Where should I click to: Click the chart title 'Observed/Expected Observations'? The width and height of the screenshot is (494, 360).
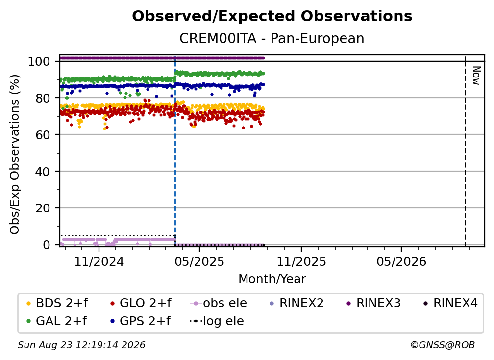click(x=272, y=16)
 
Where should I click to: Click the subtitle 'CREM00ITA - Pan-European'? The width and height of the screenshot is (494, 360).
click(x=272, y=38)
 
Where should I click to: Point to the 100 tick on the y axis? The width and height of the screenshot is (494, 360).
click(x=39, y=61)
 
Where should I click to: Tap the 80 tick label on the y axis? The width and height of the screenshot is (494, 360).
click(x=43, y=98)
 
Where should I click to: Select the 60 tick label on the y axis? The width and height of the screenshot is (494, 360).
click(x=43, y=135)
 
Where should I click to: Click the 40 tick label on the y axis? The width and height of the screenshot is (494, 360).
click(x=43, y=172)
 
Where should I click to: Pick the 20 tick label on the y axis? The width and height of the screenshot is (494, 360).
click(x=43, y=208)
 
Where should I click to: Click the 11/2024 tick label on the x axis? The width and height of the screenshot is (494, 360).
click(x=99, y=261)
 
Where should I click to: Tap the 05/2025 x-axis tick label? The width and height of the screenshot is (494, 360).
click(x=199, y=261)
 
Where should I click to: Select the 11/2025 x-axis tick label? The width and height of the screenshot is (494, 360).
click(x=301, y=261)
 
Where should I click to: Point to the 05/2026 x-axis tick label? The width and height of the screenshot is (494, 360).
click(x=401, y=261)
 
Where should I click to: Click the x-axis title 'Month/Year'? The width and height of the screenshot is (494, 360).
click(x=272, y=279)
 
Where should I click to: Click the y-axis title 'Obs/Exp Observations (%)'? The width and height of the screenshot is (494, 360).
click(x=15, y=154)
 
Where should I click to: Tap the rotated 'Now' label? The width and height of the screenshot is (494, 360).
click(x=476, y=76)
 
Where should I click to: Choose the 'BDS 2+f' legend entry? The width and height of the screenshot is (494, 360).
click(x=57, y=303)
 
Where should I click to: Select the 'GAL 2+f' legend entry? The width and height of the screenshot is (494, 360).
click(x=57, y=321)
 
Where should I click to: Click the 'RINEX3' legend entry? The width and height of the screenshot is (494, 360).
click(x=373, y=303)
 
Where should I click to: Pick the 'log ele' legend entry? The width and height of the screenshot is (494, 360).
click(x=217, y=321)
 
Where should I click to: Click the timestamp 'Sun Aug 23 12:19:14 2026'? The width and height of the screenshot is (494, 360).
click(x=81, y=345)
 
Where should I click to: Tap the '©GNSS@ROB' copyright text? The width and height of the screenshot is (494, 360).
click(x=443, y=345)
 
